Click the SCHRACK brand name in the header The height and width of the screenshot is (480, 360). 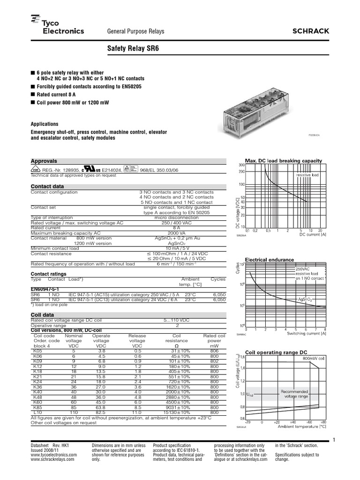click(311, 31)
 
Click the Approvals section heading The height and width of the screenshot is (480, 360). click(44, 160)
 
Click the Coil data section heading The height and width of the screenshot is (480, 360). click(42, 315)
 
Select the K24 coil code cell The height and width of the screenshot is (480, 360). click(37, 368)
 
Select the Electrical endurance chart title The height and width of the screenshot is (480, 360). click(270, 259)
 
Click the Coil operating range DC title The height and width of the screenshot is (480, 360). click(276, 352)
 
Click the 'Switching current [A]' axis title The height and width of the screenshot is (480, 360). click(307, 333)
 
